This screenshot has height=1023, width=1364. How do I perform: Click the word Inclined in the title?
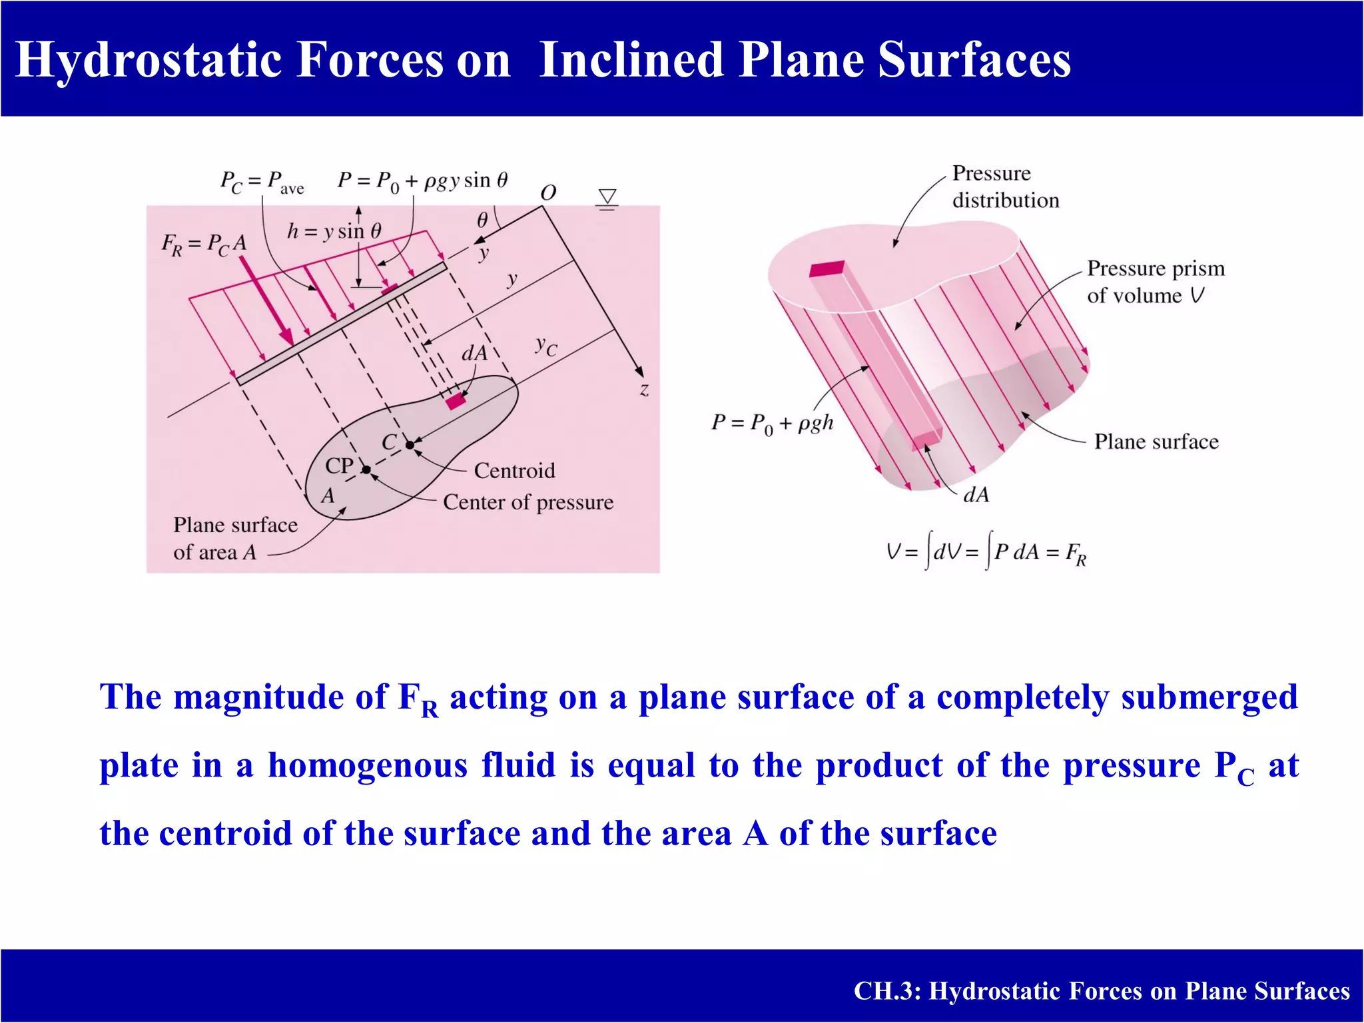click(631, 60)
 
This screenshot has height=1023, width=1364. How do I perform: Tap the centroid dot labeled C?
click(410, 445)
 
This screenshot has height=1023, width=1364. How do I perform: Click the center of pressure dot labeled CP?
click(366, 470)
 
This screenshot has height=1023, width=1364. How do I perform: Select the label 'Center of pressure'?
click(527, 502)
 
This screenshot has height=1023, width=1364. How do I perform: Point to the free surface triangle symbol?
click(607, 198)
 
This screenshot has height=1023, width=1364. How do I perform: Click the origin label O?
click(548, 193)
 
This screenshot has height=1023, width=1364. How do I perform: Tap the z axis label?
click(644, 390)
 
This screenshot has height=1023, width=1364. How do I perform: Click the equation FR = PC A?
click(204, 244)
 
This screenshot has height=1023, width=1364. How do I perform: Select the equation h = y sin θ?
click(334, 231)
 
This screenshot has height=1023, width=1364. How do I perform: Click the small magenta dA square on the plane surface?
click(456, 401)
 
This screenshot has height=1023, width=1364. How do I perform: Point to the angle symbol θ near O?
click(482, 220)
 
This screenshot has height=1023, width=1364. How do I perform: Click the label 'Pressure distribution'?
click(1004, 186)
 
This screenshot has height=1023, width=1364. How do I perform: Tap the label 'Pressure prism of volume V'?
click(1154, 282)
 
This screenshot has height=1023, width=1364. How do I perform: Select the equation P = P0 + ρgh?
click(772, 424)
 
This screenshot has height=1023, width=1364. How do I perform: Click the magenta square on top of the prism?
click(827, 268)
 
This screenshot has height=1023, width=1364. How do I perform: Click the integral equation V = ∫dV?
click(986, 553)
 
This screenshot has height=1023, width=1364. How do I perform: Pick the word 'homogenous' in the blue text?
click(368, 765)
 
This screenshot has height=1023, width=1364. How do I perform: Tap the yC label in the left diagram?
click(546, 346)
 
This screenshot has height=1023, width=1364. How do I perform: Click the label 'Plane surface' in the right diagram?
click(1156, 442)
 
